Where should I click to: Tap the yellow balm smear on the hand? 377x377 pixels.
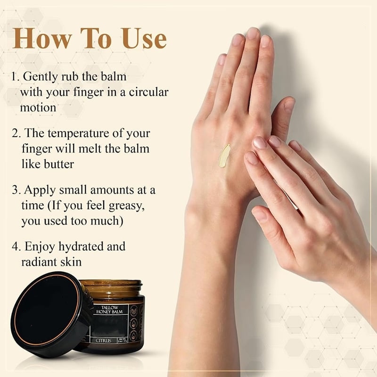pyautogui.click(x=224, y=156)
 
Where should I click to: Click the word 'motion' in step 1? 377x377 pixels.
pyautogui.click(x=38, y=107)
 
